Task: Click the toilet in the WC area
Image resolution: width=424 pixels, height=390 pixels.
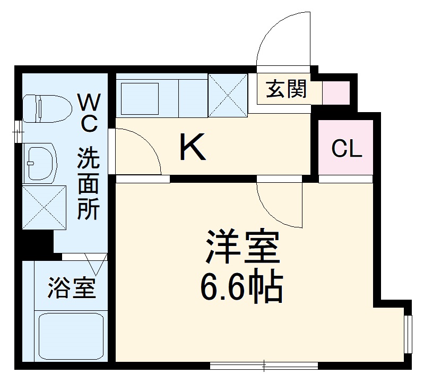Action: [47, 108]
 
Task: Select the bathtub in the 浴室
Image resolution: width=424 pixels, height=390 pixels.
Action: [72, 336]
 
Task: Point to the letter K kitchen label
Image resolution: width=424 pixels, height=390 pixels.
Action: [192, 148]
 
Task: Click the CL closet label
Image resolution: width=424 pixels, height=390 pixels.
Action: [347, 149]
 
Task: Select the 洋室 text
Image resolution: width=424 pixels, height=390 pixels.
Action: [242, 247]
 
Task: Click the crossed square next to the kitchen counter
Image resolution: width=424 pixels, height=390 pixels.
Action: [228, 95]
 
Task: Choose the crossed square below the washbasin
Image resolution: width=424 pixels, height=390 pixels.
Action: [44, 208]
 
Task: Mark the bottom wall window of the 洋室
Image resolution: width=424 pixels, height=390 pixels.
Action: [264, 365]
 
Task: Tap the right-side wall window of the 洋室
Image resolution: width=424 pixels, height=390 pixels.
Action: [408, 334]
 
